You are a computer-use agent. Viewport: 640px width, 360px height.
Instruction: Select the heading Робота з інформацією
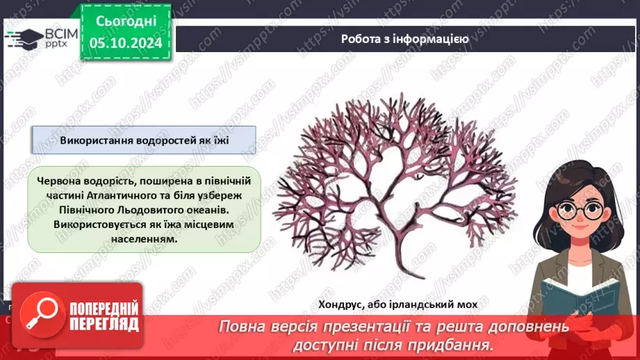point(405,39)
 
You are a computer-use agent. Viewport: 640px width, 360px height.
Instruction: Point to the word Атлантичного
point(115,195)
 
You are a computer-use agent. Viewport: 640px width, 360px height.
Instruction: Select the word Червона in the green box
point(62,180)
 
